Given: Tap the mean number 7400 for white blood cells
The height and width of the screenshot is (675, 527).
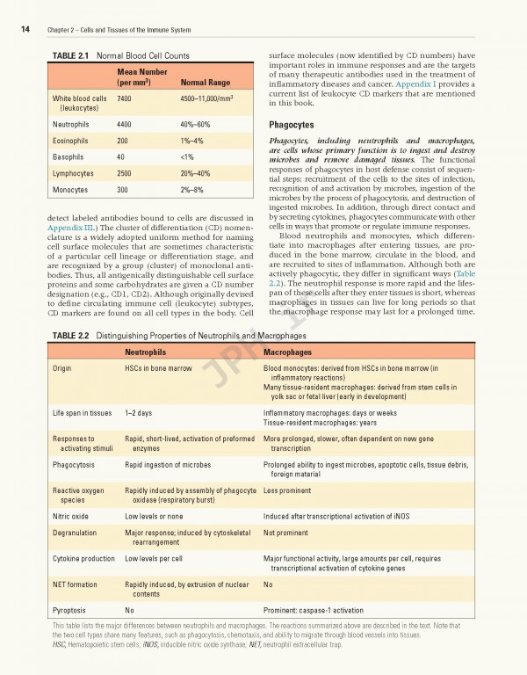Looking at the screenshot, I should pos(125,99).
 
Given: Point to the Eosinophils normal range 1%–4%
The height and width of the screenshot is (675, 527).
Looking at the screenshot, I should pos(191,141).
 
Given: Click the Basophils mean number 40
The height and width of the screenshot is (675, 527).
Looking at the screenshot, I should pos(121,157).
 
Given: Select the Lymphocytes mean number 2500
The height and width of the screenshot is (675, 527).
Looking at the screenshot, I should pos(125,173).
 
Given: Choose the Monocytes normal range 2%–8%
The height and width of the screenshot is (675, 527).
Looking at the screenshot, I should pos(191,190).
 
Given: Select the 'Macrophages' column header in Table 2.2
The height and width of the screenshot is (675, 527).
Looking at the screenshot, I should pos(291,352).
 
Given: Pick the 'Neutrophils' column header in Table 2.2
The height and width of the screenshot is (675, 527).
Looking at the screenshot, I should pos(146,352).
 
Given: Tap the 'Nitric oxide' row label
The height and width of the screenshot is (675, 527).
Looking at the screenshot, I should pos(70,517).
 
